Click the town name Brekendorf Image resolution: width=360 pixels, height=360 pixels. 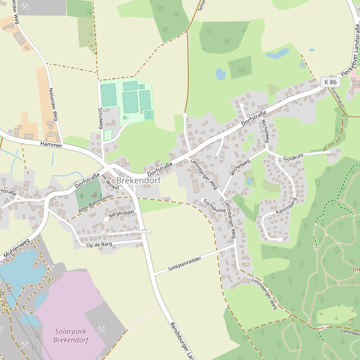[139, 180]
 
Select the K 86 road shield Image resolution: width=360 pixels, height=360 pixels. [329, 82]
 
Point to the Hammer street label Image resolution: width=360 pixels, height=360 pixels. [52, 145]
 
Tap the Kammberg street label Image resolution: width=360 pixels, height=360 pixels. [286, 206]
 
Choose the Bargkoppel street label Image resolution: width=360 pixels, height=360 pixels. [121, 213]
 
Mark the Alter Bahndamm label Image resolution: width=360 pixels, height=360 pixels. [96, 203]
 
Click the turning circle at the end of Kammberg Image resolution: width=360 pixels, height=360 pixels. [280, 240]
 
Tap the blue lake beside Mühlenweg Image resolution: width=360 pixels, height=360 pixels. [18, 271]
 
